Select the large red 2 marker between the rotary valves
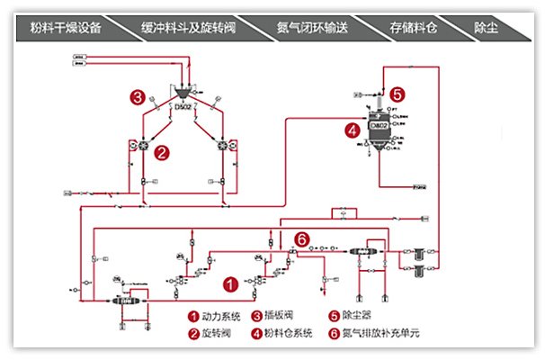tap(161, 152)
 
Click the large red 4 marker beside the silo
tap(353, 130)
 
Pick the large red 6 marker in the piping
tap(302, 238)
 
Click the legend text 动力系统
tap(220, 317)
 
